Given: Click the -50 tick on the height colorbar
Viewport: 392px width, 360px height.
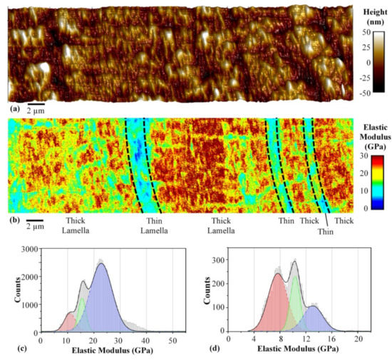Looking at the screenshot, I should (368, 93).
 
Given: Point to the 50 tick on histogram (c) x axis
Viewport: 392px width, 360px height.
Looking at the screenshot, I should (172, 340).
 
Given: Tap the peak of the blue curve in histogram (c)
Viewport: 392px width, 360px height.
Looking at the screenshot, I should (101, 264).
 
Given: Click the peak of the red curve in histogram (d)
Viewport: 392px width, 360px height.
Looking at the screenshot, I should (277, 274).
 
